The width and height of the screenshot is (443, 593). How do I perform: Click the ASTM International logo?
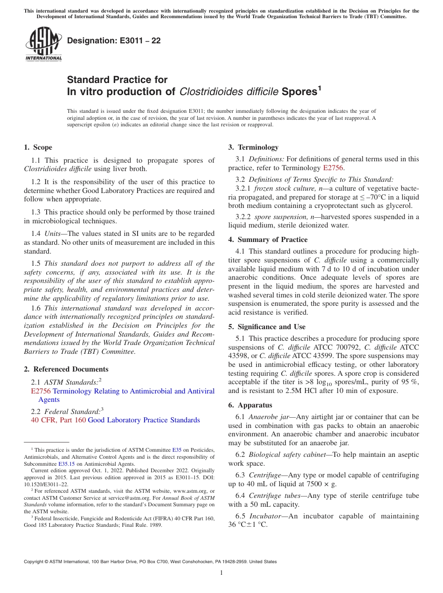coord(43,45)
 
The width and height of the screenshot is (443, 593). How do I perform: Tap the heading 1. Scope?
coord(38,147)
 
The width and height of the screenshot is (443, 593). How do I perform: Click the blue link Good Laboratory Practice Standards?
coord(144,420)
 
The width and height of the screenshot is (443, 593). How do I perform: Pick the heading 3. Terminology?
coord(253,147)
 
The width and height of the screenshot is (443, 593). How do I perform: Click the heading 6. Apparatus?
coord(250,405)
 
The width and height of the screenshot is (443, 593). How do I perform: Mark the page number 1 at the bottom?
coord(221,573)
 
